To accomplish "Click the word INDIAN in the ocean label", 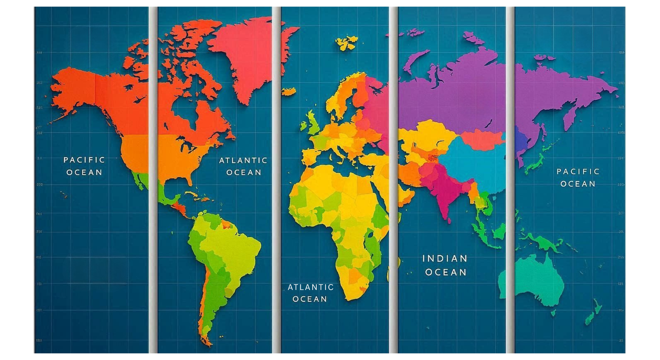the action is (445, 259).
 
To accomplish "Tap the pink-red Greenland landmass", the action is (243, 58).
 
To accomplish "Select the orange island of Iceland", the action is (289, 91).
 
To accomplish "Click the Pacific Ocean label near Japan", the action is (577, 177).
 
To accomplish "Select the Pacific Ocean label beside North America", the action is (85, 166).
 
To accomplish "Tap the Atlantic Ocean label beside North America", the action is (243, 166).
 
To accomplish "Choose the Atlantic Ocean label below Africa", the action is (310, 293).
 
